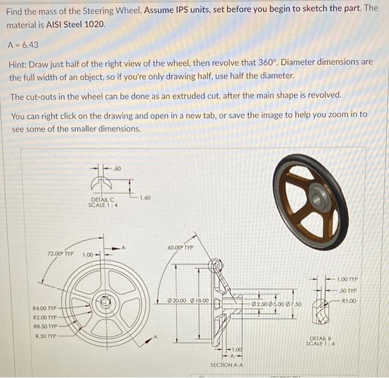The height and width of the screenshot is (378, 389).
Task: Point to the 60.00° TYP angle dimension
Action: [x=180, y=247]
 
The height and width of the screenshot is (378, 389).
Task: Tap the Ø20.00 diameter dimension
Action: [x=178, y=300]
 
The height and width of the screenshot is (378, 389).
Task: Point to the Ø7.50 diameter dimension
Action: [x=294, y=304]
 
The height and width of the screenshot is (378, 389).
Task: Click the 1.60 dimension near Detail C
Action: [x=145, y=197]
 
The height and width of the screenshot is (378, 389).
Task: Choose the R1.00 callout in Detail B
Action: [x=349, y=301]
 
